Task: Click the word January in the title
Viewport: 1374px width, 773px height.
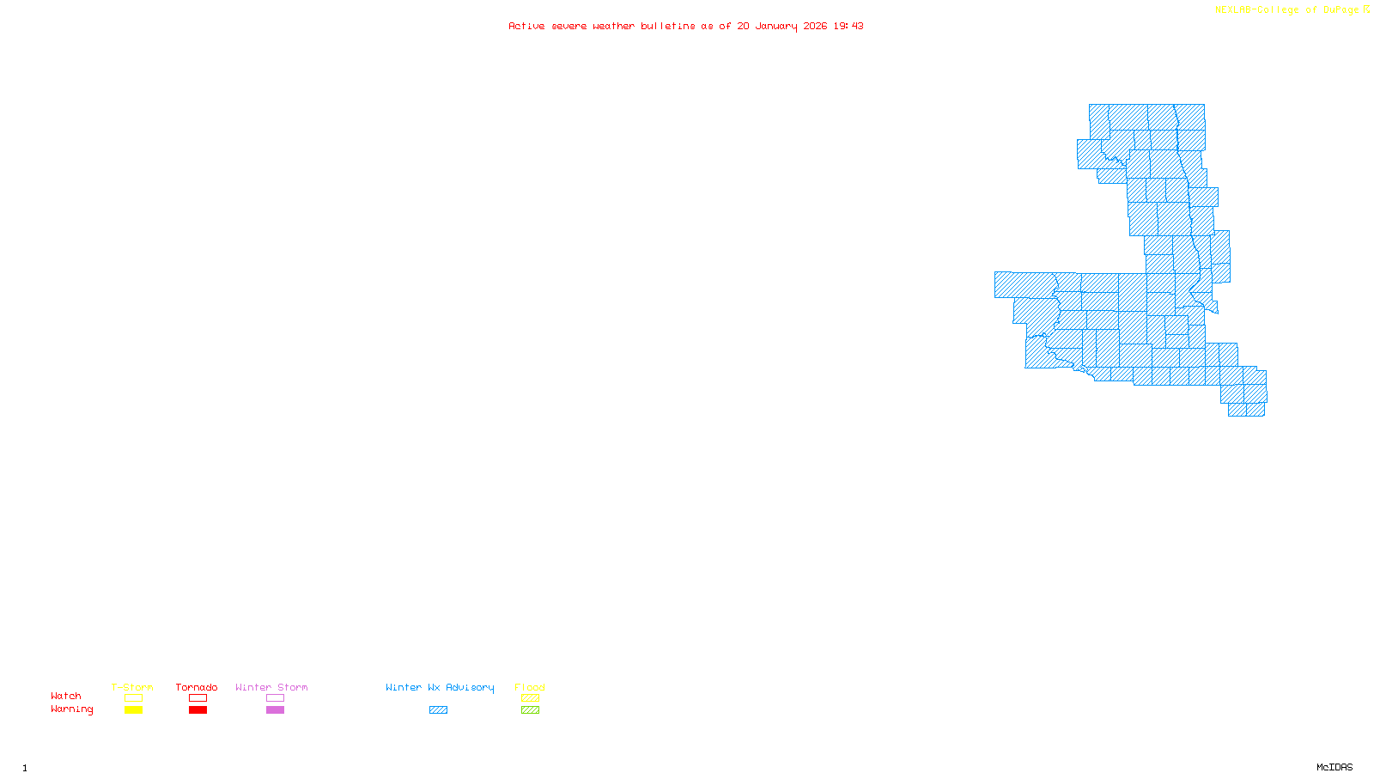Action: [x=776, y=27]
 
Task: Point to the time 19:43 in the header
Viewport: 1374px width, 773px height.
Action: [x=848, y=27]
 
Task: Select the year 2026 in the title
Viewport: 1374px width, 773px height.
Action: [x=815, y=27]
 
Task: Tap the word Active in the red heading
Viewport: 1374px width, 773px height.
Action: [x=526, y=27]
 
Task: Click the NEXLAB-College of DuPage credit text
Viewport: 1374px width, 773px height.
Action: [x=1286, y=10]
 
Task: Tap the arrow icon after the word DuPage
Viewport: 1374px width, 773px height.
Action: [x=1366, y=9]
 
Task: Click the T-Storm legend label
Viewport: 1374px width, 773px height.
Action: [x=132, y=687]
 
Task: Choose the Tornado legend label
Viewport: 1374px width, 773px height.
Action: [x=197, y=687]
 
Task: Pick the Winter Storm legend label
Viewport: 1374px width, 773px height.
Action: [x=271, y=687]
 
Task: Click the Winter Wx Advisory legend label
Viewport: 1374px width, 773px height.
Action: [x=440, y=687]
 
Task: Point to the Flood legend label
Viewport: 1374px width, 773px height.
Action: [x=530, y=687]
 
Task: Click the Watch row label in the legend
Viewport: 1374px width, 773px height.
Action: [x=66, y=697]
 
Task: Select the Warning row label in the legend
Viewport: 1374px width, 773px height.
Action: [x=72, y=709]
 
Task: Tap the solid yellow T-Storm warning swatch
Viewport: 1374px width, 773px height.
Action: [x=133, y=710]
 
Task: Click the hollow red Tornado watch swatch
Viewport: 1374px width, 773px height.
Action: [x=198, y=698]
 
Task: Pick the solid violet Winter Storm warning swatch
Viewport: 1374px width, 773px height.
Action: [x=275, y=710]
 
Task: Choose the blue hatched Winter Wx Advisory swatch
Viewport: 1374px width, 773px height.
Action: [x=438, y=710]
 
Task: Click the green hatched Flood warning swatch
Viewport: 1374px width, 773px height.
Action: [x=530, y=710]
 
